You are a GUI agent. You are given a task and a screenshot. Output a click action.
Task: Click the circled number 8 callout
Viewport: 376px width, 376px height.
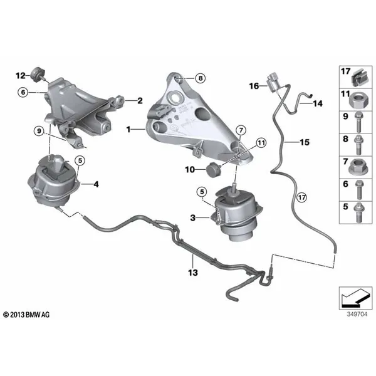click(x=201, y=78)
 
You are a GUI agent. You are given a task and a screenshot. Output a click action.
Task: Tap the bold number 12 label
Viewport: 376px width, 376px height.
click(x=21, y=76)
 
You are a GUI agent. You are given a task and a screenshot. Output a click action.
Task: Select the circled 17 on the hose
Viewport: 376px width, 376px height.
click(x=301, y=197)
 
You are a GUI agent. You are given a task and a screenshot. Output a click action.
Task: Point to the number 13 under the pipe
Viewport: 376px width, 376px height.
click(x=193, y=273)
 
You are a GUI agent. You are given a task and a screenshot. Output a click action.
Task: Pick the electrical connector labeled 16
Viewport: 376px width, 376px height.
click(x=273, y=82)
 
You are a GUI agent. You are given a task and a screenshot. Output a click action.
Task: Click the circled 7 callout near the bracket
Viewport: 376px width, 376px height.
click(x=241, y=130)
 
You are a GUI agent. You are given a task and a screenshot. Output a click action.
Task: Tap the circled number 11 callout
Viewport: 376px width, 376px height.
click(x=261, y=143)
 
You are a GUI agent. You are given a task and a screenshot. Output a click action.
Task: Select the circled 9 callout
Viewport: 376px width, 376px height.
click(x=39, y=131)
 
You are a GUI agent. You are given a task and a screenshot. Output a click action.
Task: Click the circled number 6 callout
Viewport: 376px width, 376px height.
click(x=23, y=92)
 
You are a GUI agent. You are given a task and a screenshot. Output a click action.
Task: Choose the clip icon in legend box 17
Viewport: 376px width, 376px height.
click(x=361, y=78)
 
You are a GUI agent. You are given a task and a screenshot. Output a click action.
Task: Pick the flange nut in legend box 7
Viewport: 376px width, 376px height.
click(x=358, y=167)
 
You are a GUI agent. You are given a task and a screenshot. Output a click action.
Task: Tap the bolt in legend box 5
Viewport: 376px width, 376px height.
click(x=359, y=212)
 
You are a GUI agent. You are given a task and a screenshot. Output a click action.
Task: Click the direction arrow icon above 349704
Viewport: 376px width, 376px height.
click(x=355, y=298)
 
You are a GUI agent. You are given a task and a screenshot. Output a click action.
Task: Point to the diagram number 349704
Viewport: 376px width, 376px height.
click(x=357, y=314)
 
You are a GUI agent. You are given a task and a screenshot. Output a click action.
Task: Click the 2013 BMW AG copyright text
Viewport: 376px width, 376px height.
click(x=26, y=315)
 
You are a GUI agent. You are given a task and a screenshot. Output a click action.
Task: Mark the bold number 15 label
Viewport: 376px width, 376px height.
click(x=305, y=142)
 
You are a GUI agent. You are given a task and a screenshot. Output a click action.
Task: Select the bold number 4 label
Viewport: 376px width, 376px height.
click(x=96, y=184)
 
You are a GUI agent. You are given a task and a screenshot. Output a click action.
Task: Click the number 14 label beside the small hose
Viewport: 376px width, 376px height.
click(x=318, y=103)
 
